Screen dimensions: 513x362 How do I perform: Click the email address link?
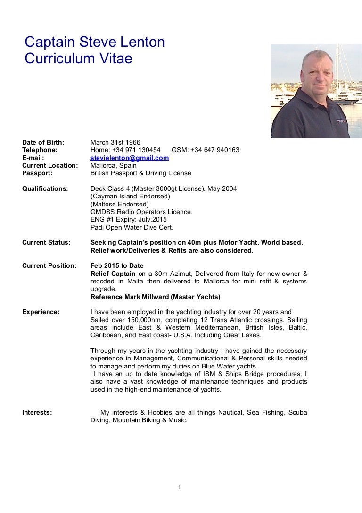tap(130, 158)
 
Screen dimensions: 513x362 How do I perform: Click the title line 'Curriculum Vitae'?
tap(78, 59)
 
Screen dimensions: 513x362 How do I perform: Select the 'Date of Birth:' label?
tap(43, 142)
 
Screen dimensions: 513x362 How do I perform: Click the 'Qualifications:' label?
tap(45, 189)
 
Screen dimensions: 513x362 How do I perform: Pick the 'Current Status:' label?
tap(46, 243)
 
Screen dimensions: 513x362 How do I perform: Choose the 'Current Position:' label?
tap(49, 266)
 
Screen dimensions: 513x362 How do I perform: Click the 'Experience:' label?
tap(41, 312)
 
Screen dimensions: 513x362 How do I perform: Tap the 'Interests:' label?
tap(37, 412)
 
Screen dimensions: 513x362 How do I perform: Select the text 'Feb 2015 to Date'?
tap(117, 266)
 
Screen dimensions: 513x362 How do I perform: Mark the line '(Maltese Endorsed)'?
tap(119, 204)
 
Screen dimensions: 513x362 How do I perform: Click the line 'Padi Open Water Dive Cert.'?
tap(132, 227)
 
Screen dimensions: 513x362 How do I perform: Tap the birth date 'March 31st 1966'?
tap(115, 142)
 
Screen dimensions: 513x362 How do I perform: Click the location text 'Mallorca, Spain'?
tap(113, 165)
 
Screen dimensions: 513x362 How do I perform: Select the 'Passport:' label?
tap(37, 173)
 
